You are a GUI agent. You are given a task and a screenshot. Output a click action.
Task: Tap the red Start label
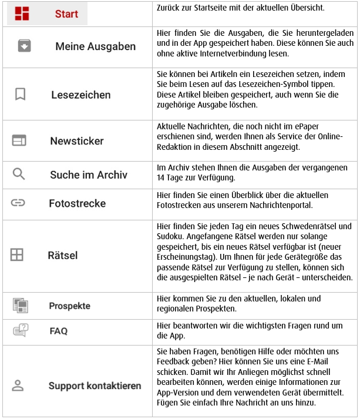click(x=66, y=14)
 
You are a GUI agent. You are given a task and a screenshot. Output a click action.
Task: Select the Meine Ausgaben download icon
click(x=24, y=46)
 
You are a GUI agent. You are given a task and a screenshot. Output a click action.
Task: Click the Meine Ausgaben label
click(x=95, y=46)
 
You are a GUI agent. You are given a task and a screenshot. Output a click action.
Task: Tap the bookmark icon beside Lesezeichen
click(x=21, y=94)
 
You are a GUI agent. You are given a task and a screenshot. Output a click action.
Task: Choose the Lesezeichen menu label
click(x=81, y=95)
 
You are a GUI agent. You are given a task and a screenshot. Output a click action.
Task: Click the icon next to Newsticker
click(x=19, y=140)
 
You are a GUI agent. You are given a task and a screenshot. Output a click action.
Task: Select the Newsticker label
click(x=76, y=141)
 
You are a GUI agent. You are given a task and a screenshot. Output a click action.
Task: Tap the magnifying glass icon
click(x=19, y=174)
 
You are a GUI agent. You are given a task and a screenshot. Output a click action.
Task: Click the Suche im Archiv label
click(x=88, y=175)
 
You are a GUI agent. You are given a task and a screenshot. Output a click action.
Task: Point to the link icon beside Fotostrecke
click(x=18, y=203)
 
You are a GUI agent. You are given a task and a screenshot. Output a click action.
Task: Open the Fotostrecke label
click(x=77, y=203)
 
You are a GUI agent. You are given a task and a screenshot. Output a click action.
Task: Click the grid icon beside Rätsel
click(x=17, y=255)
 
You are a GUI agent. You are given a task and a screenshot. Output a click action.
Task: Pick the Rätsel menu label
click(x=62, y=256)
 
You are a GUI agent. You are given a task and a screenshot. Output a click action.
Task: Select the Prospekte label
click(x=70, y=306)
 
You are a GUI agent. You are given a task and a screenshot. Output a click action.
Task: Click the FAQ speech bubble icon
click(x=21, y=331)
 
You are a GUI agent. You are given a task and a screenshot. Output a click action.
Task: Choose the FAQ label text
click(x=59, y=331)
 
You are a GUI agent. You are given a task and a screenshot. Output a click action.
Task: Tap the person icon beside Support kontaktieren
click(x=18, y=386)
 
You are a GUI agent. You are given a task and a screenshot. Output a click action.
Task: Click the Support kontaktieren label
click(x=95, y=386)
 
